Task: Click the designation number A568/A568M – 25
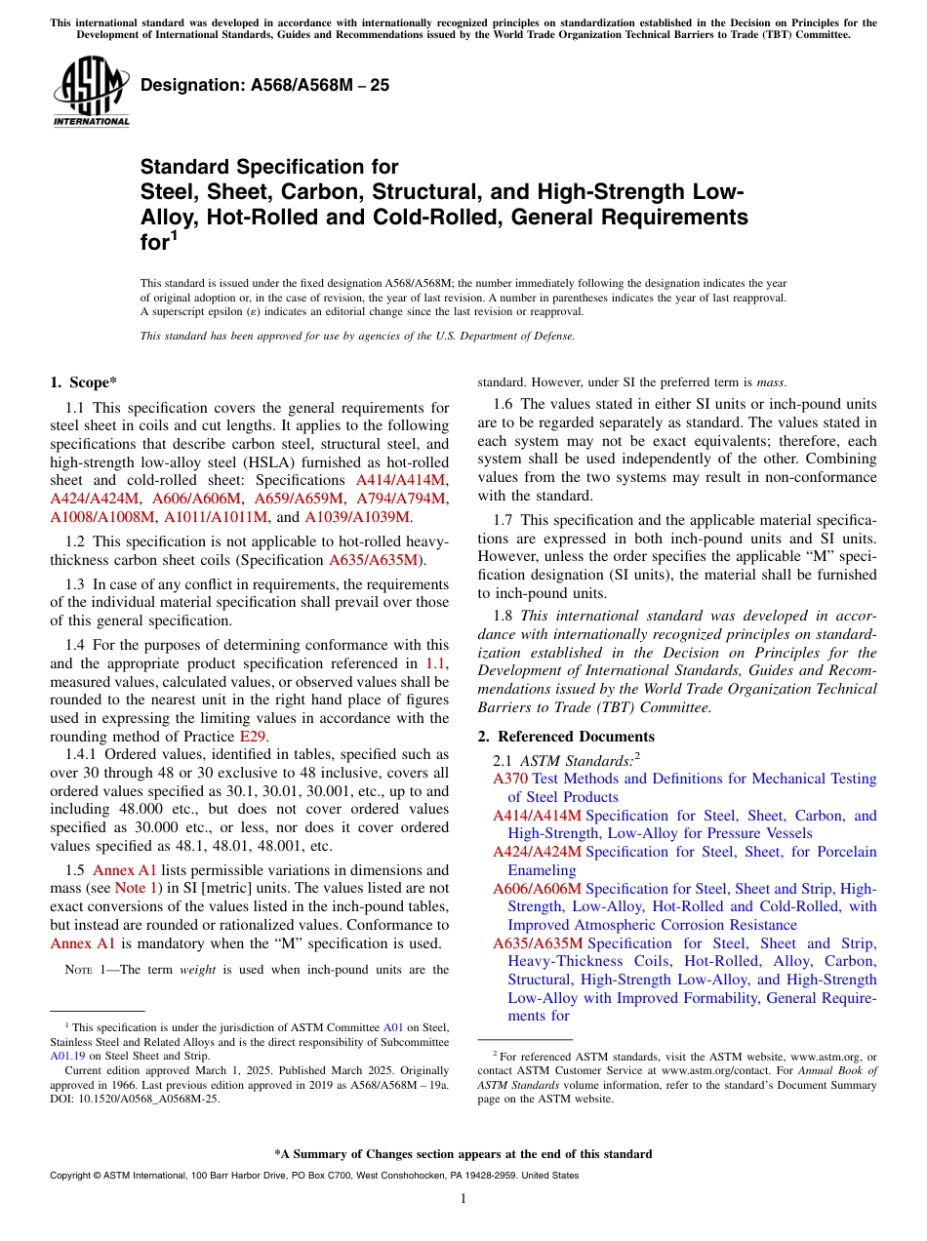[x=264, y=85]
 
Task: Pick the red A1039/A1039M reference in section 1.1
[x=357, y=516]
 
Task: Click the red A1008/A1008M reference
[x=102, y=516]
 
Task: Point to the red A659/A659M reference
[x=299, y=498]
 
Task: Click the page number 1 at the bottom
[x=463, y=1198]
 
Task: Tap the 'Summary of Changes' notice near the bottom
[x=463, y=1154]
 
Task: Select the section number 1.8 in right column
[x=503, y=616]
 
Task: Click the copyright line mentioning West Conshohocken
[x=313, y=1176]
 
